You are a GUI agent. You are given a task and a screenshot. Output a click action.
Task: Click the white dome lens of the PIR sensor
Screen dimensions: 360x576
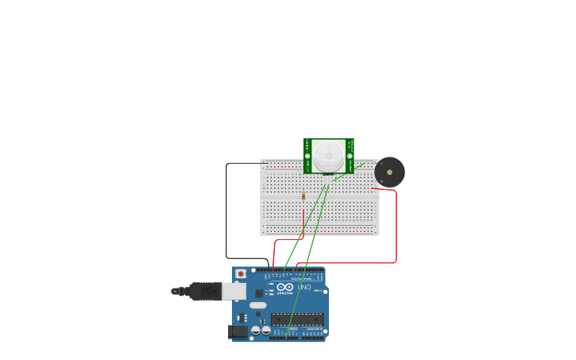[x=328, y=156]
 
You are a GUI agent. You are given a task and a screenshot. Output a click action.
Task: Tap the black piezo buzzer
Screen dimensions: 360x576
[x=389, y=172]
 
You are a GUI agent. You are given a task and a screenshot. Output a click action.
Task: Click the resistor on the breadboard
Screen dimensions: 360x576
[x=303, y=195]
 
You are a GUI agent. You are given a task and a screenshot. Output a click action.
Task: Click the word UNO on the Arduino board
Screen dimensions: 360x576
[x=303, y=287]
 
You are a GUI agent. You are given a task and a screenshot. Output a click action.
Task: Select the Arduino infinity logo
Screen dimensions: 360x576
[x=284, y=287]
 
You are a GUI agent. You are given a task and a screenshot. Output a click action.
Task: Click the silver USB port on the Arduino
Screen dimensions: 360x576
[x=233, y=292]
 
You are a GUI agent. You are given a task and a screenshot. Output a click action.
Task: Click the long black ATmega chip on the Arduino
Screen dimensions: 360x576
[x=297, y=319]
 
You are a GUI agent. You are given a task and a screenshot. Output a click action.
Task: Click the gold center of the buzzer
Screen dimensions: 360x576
[x=389, y=172]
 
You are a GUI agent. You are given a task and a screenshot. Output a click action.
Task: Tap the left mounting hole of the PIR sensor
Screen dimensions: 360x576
[x=307, y=157]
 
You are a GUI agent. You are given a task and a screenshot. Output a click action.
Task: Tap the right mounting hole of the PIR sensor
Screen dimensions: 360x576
[x=350, y=157]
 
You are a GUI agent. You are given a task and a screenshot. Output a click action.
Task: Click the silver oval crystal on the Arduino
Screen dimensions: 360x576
[x=258, y=305]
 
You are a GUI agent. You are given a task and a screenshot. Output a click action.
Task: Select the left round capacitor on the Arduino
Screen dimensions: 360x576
[x=256, y=330]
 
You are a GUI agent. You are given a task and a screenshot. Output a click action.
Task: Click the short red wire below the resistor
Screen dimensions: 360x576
[x=303, y=217]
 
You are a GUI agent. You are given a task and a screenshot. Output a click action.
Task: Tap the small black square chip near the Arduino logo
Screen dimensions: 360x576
[x=259, y=293]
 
